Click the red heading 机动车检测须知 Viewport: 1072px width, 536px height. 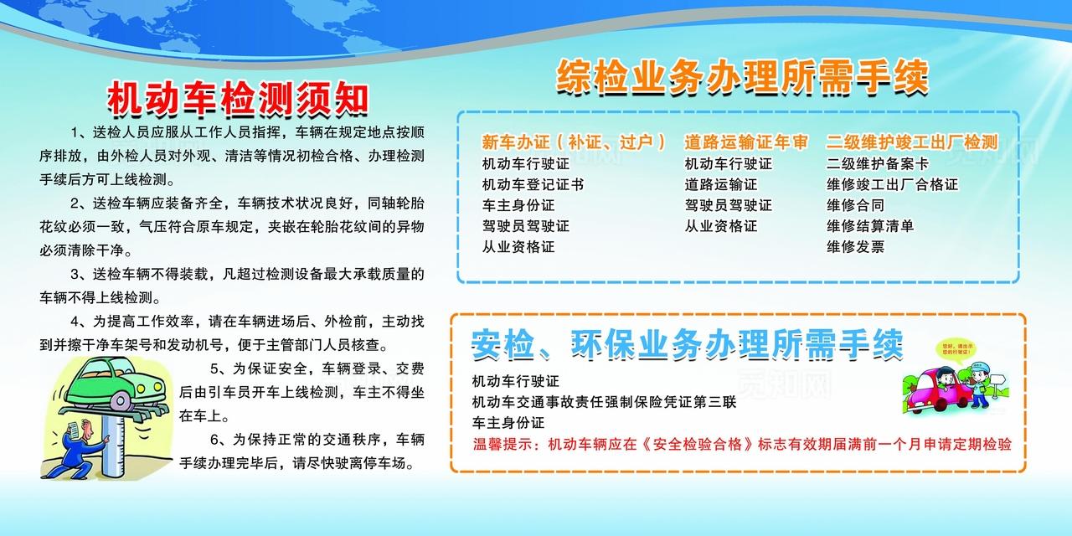point(238,100)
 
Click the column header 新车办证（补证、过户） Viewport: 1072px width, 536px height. point(575,142)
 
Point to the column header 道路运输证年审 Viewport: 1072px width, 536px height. point(746,142)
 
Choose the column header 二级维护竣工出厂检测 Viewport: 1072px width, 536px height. point(912,142)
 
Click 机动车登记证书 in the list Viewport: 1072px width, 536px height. point(533,184)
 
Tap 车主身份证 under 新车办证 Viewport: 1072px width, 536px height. point(518,205)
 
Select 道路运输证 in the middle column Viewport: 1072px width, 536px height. point(720,184)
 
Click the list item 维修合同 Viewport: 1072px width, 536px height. point(855,205)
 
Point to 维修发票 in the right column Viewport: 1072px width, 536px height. point(855,247)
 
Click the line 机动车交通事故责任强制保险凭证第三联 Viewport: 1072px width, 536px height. point(604,402)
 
